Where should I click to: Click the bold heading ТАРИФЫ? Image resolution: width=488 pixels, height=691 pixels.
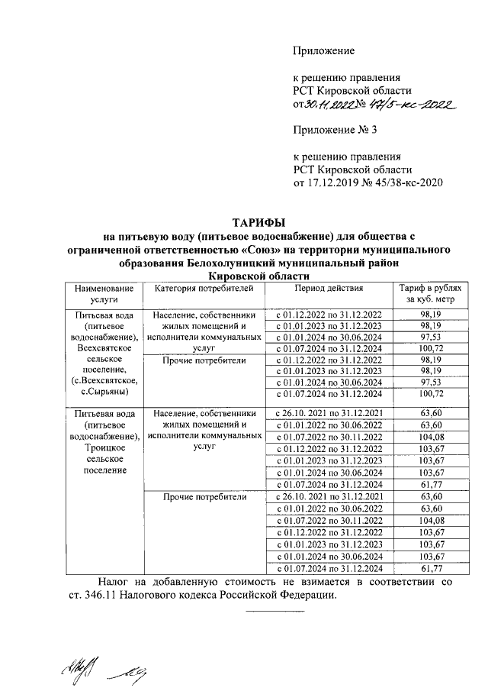pyautogui.click(x=258, y=222)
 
